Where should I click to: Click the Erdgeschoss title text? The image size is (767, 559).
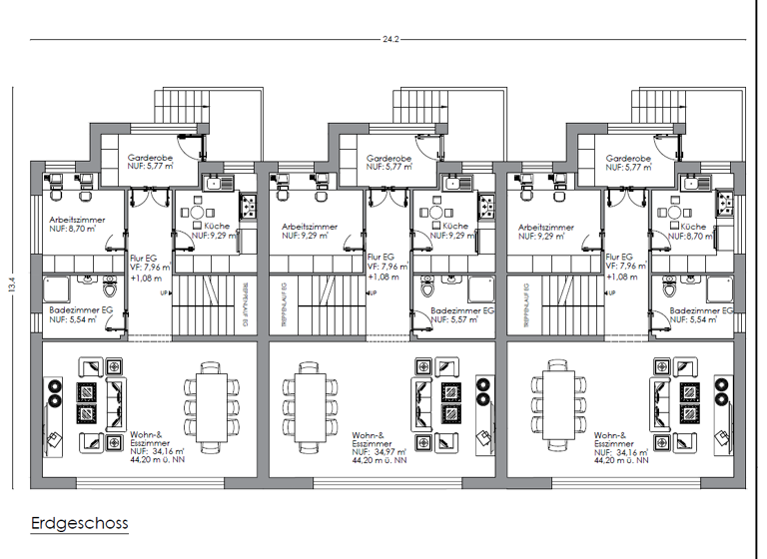[x=79, y=522]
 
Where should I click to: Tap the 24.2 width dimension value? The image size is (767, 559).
[x=389, y=40]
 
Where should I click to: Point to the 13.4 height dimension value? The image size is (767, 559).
[x=12, y=283]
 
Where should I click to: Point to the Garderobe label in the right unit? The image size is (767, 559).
[x=628, y=163]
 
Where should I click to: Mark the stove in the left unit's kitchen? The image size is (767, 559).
[x=247, y=208]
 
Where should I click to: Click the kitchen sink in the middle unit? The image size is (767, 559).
[x=458, y=183]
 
